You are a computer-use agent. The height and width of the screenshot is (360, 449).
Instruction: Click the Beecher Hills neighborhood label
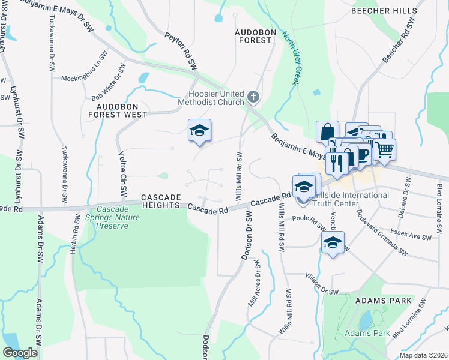384,11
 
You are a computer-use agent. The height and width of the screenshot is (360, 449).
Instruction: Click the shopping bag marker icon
327,131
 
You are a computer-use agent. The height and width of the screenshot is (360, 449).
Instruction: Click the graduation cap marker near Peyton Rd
200,130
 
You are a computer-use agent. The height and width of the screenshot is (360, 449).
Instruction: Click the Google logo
20,353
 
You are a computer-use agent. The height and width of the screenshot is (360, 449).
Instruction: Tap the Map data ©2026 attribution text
423,355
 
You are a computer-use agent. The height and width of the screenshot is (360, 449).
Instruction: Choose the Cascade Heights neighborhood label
161,201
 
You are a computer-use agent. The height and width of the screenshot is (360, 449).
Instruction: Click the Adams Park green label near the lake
367,333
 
